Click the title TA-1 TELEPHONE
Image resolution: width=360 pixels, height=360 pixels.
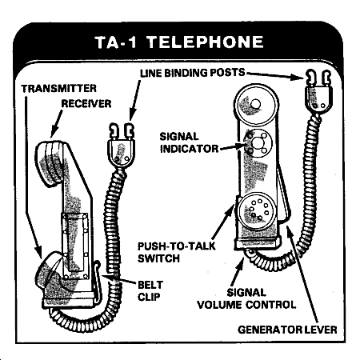pos(179,42)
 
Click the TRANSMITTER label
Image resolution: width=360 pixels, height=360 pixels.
pos(59,89)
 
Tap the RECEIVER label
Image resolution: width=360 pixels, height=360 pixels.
pos(86,104)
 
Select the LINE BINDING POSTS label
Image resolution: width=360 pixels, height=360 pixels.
pos(193,73)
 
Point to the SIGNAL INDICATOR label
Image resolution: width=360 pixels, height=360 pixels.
pos(189,142)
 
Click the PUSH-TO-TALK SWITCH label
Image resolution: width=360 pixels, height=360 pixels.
pos(177,252)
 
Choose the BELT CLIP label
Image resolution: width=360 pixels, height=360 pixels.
pos(150,290)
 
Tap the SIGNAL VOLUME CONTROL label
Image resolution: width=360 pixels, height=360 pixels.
pos(246,298)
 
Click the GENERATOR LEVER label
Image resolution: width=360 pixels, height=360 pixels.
pos(287,330)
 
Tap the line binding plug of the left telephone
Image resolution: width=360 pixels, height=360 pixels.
pos(122,146)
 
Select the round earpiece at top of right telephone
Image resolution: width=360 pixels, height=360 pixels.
pos(256,105)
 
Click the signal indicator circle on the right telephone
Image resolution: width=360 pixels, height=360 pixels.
pos(258,142)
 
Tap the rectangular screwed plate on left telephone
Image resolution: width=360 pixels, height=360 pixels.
pos(75,246)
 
